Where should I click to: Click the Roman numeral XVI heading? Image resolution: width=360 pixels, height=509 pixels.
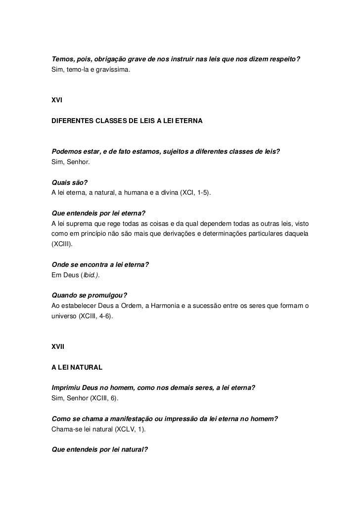(58, 100)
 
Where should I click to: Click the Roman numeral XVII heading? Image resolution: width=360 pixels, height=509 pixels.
(59, 348)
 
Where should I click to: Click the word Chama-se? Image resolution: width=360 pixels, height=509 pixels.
(66, 429)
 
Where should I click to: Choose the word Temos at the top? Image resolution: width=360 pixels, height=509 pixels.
(63, 60)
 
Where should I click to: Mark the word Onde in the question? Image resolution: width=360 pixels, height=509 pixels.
(60, 265)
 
